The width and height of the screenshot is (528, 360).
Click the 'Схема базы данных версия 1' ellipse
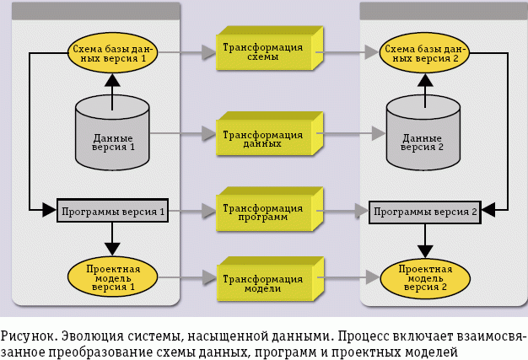[111, 54]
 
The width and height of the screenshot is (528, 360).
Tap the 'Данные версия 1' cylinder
[112, 134]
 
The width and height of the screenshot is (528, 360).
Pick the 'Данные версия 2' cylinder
[423, 135]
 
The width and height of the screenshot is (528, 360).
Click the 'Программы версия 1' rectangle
[112, 210]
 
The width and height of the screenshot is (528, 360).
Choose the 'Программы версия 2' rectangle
[425, 211]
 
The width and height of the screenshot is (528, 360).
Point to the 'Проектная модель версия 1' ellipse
[112, 275]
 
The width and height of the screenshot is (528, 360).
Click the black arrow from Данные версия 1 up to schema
[112, 88]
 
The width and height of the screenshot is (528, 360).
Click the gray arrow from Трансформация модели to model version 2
[351, 276]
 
